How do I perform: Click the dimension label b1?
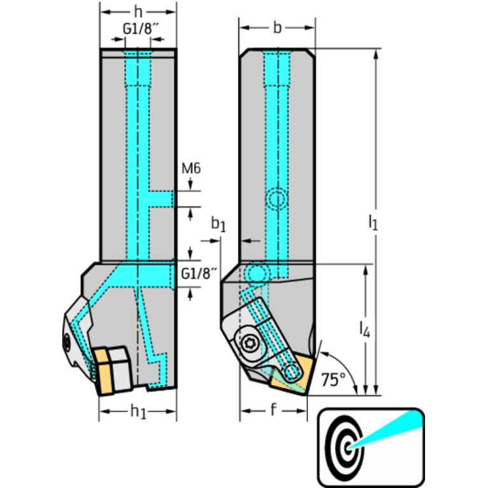[x=218, y=224]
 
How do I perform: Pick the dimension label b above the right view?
[x=276, y=27]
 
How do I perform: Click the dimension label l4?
[x=363, y=328]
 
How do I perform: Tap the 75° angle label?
[x=333, y=379]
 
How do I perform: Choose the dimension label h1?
[x=138, y=412]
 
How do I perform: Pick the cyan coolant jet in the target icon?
[x=388, y=428]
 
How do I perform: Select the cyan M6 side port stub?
[x=163, y=199]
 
